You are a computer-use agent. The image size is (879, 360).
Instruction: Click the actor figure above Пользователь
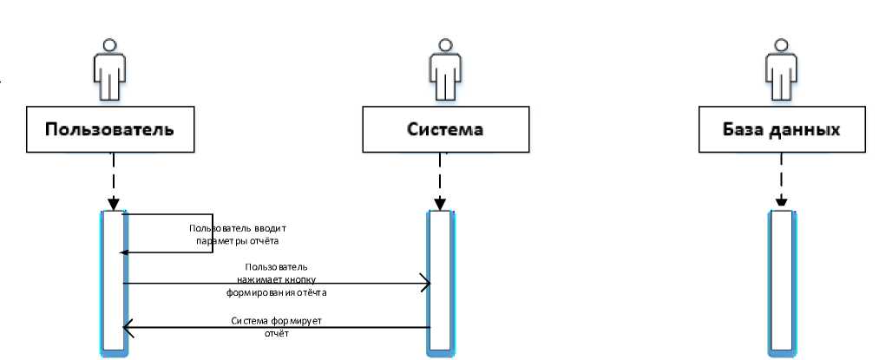coord(109,69)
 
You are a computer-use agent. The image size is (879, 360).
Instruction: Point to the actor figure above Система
coord(445,69)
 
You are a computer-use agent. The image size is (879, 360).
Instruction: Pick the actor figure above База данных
coord(782,69)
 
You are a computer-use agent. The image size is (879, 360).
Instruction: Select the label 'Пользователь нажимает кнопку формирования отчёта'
coord(277,280)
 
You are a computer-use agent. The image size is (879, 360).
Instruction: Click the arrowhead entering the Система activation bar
coord(426,283)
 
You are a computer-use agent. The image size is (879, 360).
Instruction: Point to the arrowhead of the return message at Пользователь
coord(128,328)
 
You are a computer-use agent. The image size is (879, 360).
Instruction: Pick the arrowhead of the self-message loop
coord(123,252)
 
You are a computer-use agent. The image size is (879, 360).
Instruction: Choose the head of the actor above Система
coord(445,44)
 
